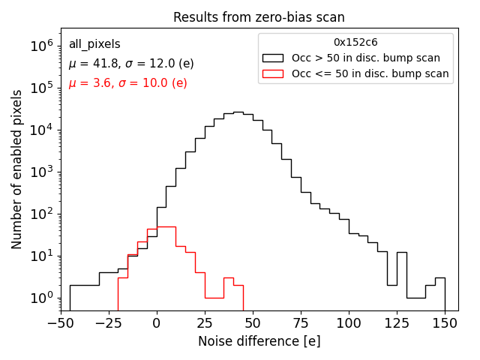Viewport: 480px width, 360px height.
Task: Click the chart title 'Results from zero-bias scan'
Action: coord(259,17)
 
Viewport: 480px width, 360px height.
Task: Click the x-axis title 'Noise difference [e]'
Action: coord(259,341)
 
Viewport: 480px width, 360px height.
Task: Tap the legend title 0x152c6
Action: coord(355,43)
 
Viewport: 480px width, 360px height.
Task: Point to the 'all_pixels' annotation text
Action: coord(94,44)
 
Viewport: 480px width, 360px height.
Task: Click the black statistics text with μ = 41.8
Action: coord(131,64)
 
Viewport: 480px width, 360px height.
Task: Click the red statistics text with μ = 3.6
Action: coord(127,83)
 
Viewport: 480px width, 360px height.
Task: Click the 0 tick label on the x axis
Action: coord(157,323)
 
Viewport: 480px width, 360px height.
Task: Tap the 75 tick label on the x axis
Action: coord(301,323)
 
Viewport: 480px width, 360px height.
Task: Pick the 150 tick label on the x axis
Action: coord(445,323)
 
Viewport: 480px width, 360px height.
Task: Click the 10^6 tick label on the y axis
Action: coord(40,46)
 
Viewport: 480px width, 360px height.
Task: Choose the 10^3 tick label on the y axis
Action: coord(40,172)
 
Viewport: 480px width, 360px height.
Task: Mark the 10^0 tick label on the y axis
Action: coord(40,298)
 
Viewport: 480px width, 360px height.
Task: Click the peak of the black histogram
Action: coord(238,112)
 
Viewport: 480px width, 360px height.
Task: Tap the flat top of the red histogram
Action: coord(166,226)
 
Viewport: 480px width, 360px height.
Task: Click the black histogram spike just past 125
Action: coord(401,253)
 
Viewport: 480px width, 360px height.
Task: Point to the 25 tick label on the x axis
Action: coord(205,323)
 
